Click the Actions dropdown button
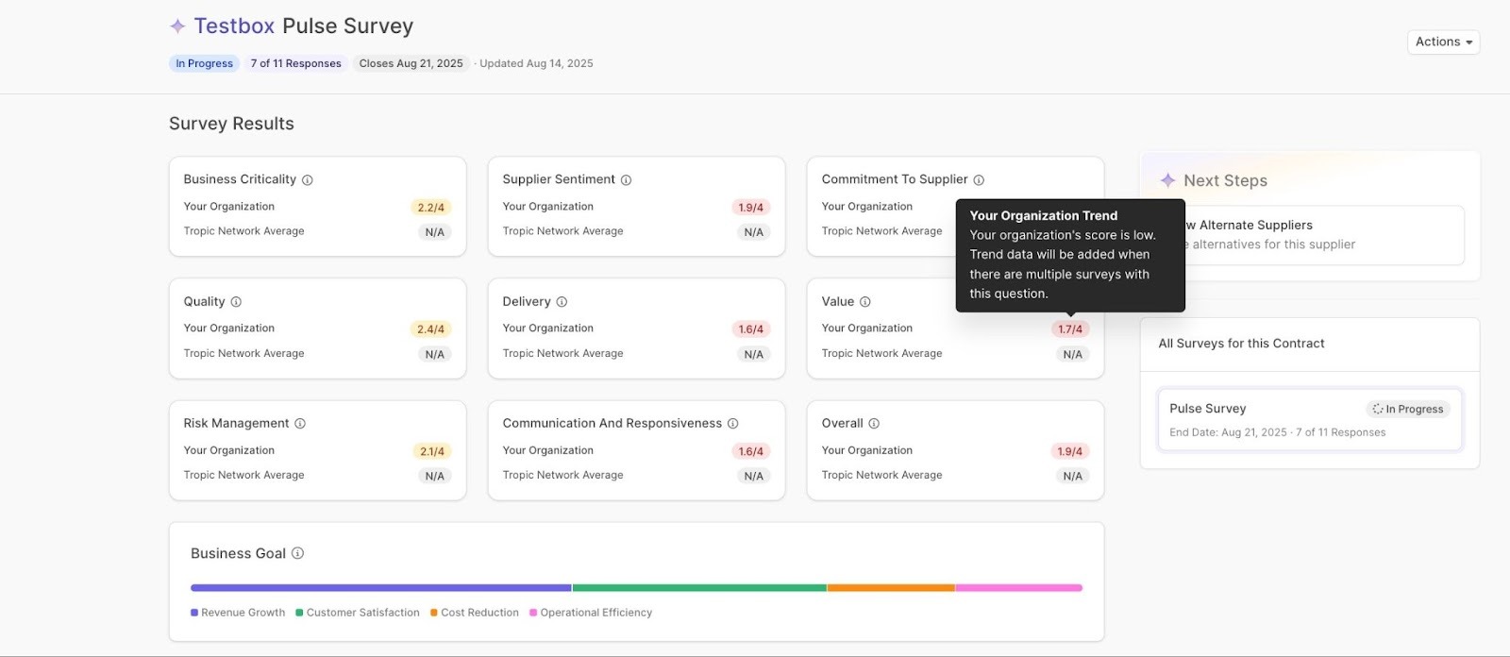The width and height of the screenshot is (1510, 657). (x=1443, y=42)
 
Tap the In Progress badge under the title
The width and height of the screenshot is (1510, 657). (x=204, y=63)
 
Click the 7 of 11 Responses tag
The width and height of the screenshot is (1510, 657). (x=295, y=63)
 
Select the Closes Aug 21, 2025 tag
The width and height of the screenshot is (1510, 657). (x=411, y=63)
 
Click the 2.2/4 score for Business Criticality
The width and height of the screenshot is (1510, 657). (x=430, y=208)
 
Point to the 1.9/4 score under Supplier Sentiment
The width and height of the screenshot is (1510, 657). (x=750, y=208)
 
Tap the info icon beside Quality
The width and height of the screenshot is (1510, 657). (x=236, y=302)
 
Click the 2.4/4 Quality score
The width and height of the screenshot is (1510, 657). (x=430, y=329)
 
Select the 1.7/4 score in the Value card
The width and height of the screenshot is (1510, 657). (x=1070, y=329)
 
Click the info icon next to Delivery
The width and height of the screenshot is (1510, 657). (x=562, y=302)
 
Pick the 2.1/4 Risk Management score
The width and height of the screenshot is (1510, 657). (x=431, y=451)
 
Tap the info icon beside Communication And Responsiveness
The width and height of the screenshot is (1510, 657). (x=733, y=424)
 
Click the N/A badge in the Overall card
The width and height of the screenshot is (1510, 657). (x=1072, y=477)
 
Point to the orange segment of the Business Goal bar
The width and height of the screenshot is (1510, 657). (x=891, y=588)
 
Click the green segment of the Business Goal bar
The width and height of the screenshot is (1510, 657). (x=698, y=588)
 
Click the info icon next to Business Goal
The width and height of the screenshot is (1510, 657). (x=297, y=553)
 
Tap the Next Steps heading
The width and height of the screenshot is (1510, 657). (x=1225, y=180)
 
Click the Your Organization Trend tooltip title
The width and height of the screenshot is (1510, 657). (x=1043, y=216)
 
